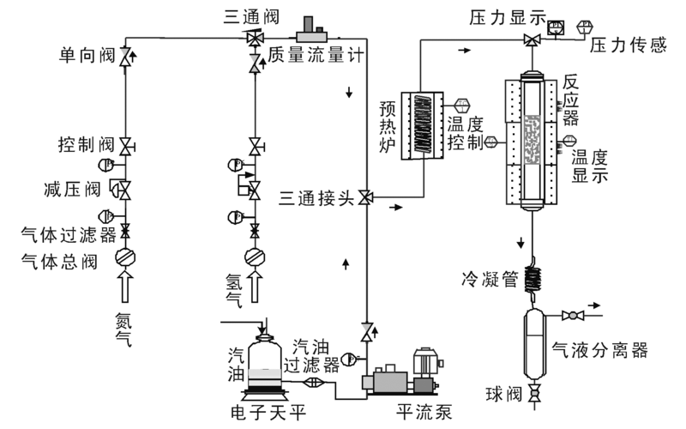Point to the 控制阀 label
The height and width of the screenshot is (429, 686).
click(87, 142)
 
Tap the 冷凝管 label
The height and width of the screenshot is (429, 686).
click(490, 278)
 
